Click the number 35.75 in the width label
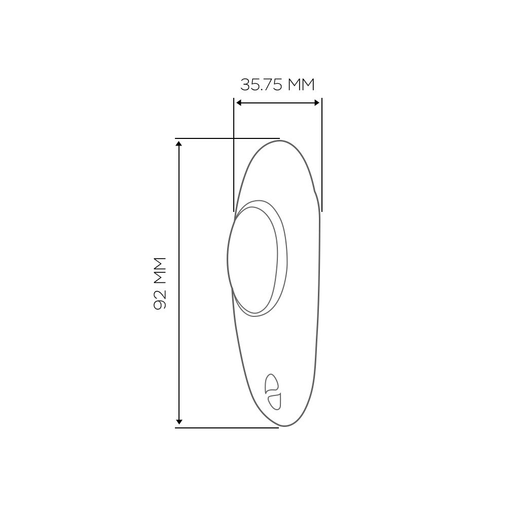(262, 85)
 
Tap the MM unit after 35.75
(301, 85)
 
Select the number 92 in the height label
(160, 300)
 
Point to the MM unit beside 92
(160, 270)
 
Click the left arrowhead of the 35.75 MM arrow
(239, 103)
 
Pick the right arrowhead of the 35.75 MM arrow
(317, 103)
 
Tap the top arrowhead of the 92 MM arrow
(179, 143)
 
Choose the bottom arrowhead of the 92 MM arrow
(179, 422)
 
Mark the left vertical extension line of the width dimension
(234, 155)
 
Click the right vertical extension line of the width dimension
(322, 155)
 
